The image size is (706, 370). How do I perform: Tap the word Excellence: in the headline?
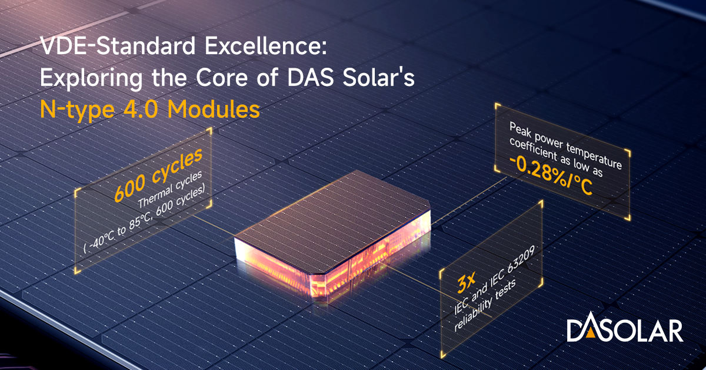(x=266, y=46)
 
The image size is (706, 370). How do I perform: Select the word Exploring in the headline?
(x=91, y=78)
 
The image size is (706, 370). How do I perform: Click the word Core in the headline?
(x=222, y=78)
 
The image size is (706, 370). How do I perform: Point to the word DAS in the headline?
(x=311, y=78)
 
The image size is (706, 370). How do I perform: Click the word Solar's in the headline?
(x=378, y=78)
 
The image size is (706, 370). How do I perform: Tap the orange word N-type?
(x=77, y=110)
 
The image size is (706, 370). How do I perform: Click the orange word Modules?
(x=214, y=109)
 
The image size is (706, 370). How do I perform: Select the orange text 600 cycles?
(x=158, y=174)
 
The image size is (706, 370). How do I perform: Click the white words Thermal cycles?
(x=170, y=190)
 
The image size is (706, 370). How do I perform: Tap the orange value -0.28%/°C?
(x=551, y=175)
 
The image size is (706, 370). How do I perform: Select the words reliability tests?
(x=484, y=305)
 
